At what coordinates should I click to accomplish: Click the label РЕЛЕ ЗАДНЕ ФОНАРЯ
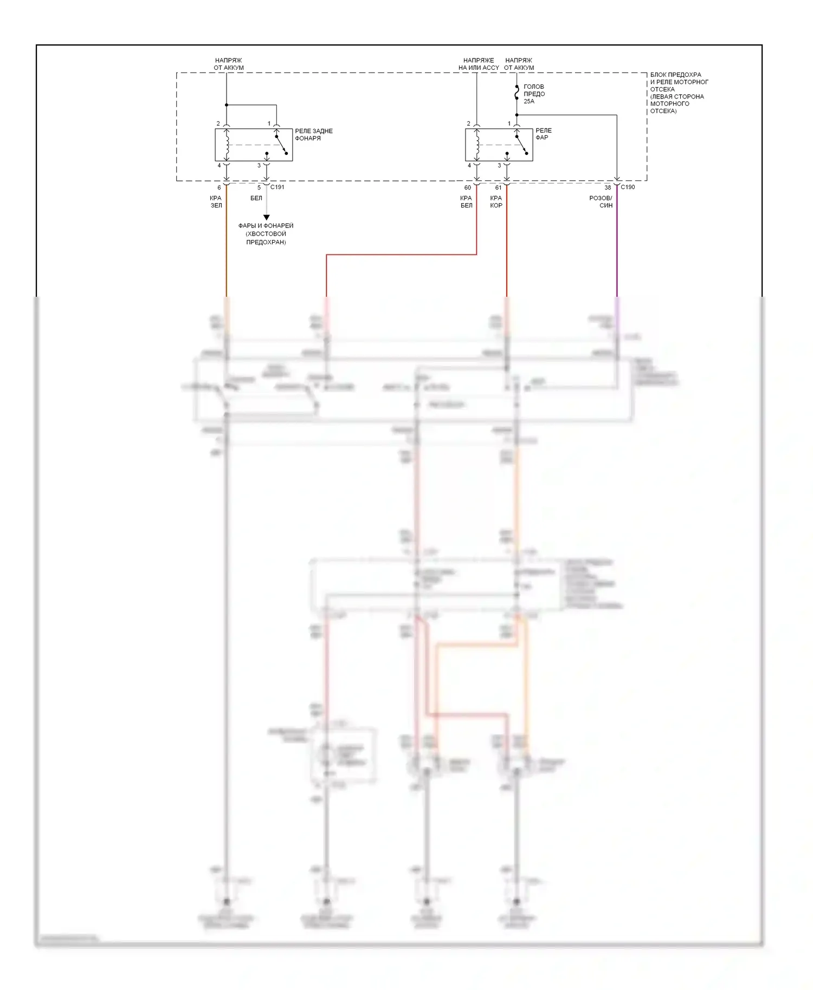pyautogui.click(x=313, y=134)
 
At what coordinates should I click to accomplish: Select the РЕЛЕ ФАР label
pyautogui.click(x=543, y=134)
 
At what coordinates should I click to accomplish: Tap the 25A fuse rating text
pyautogui.click(x=528, y=101)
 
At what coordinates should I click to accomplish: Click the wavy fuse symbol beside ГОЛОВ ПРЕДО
pyautogui.click(x=517, y=94)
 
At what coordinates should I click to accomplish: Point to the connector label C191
pyautogui.click(x=277, y=187)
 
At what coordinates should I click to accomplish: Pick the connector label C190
pyautogui.click(x=628, y=187)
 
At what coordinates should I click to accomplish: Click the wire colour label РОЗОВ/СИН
pyautogui.click(x=601, y=201)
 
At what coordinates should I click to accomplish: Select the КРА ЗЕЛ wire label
pyautogui.click(x=216, y=201)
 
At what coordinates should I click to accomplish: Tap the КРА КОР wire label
pyautogui.click(x=496, y=201)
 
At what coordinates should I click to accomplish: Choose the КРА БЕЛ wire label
pyautogui.click(x=466, y=201)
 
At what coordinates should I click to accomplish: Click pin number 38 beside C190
pyautogui.click(x=608, y=187)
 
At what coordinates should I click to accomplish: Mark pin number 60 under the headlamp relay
pyautogui.click(x=468, y=187)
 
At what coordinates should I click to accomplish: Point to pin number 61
pyautogui.click(x=498, y=187)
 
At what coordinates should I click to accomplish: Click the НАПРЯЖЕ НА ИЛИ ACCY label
pyautogui.click(x=479, y=64)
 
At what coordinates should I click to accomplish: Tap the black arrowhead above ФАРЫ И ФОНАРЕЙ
pyautogui.click(x=266, y=217)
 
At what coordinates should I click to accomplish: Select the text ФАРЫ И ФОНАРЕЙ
pyautogui.click(x=266, y=226)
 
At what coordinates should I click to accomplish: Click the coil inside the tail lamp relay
pyautogui.click(x=227, y=145)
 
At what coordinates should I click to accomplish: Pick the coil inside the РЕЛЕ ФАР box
pyautogui.click(x=477, y=145)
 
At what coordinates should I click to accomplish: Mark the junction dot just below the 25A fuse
pyautogui.click(x=517, y=115)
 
